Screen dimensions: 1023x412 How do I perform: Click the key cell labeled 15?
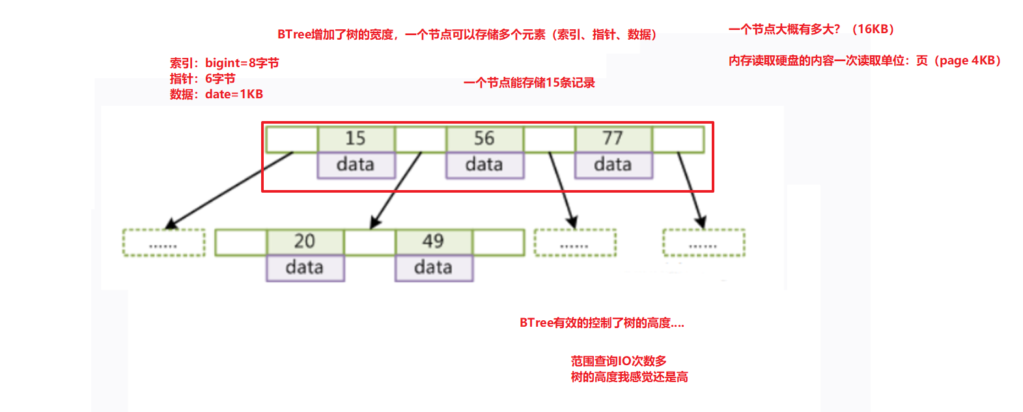(356, 139)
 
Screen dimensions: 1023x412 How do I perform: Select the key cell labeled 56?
(484, 139)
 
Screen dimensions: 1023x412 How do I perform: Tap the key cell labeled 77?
(613, 139)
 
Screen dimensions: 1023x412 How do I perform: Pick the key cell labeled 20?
(305, 242)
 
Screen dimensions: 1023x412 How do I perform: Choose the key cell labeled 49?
(434, 242)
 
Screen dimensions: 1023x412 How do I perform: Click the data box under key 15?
(356, 165)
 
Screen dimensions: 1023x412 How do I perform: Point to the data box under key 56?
(485, 165)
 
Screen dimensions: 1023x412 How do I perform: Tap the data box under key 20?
(305, 268)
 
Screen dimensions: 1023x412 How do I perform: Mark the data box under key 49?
(434, 268)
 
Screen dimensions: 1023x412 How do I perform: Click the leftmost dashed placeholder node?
(164, 242)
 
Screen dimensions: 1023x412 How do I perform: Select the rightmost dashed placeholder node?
(704, 242)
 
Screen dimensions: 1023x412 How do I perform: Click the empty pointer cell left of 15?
(292, 139)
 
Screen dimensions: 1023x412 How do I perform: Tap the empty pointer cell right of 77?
(678, 139)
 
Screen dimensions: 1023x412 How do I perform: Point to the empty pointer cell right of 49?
(498, 242)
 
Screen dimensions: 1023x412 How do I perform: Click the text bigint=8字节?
(242, 63)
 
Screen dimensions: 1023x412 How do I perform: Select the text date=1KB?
(234, 94)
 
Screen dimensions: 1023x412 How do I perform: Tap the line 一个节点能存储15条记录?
(529, 83)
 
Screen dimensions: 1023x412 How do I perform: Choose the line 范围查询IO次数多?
(619, 361)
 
